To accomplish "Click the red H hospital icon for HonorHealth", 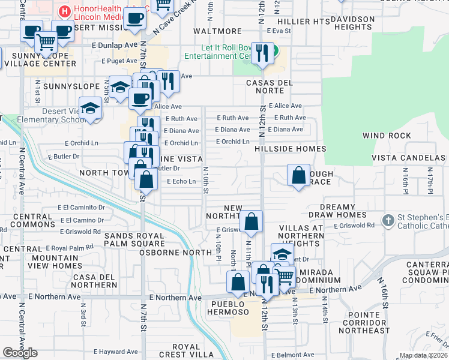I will (x=64, y=11).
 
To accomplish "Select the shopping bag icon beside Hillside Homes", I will (x=298, y=175).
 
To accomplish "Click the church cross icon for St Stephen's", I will (x=388, y=220).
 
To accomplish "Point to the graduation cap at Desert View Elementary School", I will (x=91, y=109).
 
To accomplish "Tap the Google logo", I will (x=20, y=353).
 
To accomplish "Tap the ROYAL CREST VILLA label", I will (x=186, y=351).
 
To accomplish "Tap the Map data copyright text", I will (x=423, y=355).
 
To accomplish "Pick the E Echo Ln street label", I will (x=181, y=181).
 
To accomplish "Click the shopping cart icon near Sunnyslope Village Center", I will (x=46, y=43).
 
